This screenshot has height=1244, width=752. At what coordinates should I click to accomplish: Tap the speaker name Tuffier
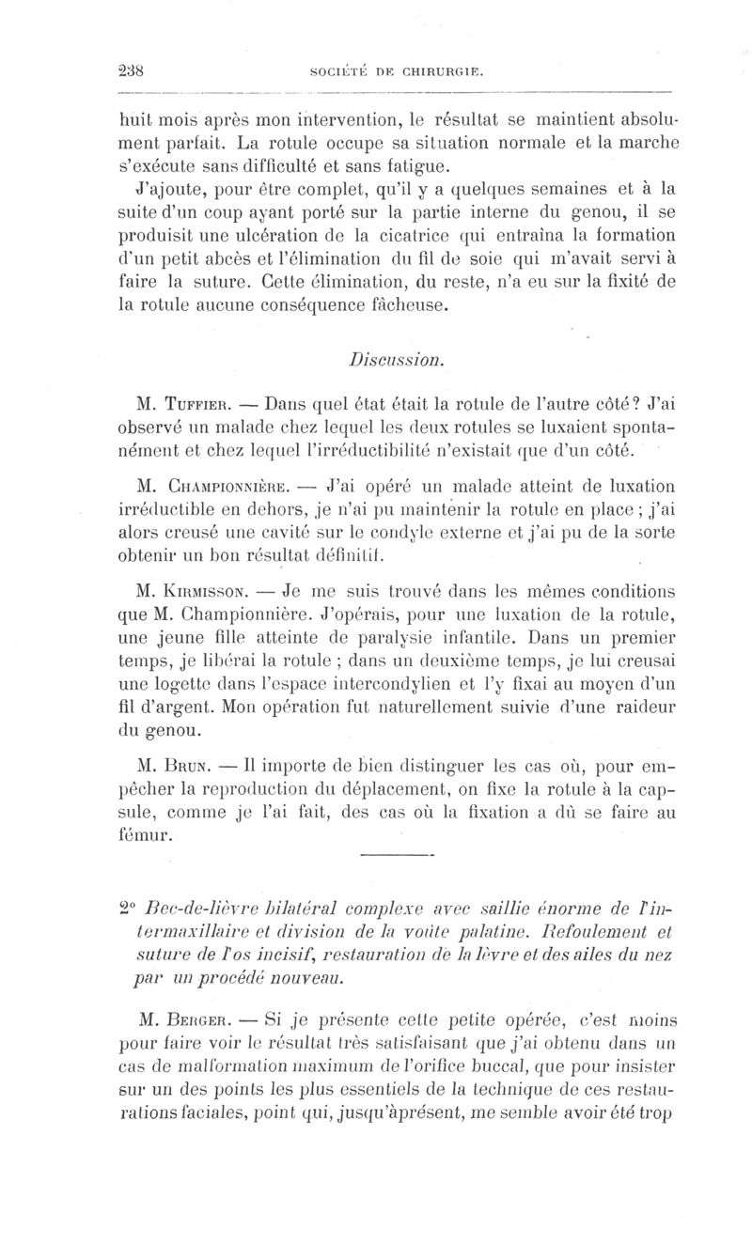(205, 406)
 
